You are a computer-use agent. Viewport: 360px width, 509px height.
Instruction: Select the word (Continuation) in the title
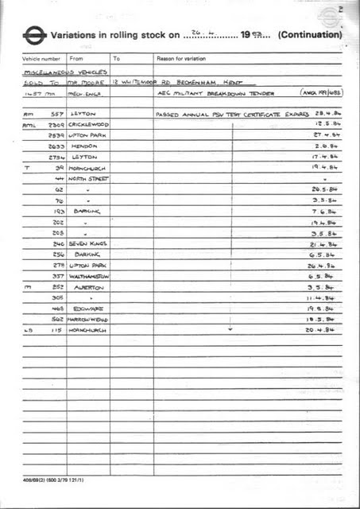coord(311,36)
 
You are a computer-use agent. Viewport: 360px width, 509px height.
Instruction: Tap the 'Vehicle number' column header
coord(41,59)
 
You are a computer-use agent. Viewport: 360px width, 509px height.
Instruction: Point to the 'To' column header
coord(117,59)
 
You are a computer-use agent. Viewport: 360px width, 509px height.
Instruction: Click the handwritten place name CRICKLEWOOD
coord(90,125)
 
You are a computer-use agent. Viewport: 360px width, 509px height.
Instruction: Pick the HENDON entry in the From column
coord(83,146)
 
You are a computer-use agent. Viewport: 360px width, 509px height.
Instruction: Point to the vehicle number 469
coord(57,307)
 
